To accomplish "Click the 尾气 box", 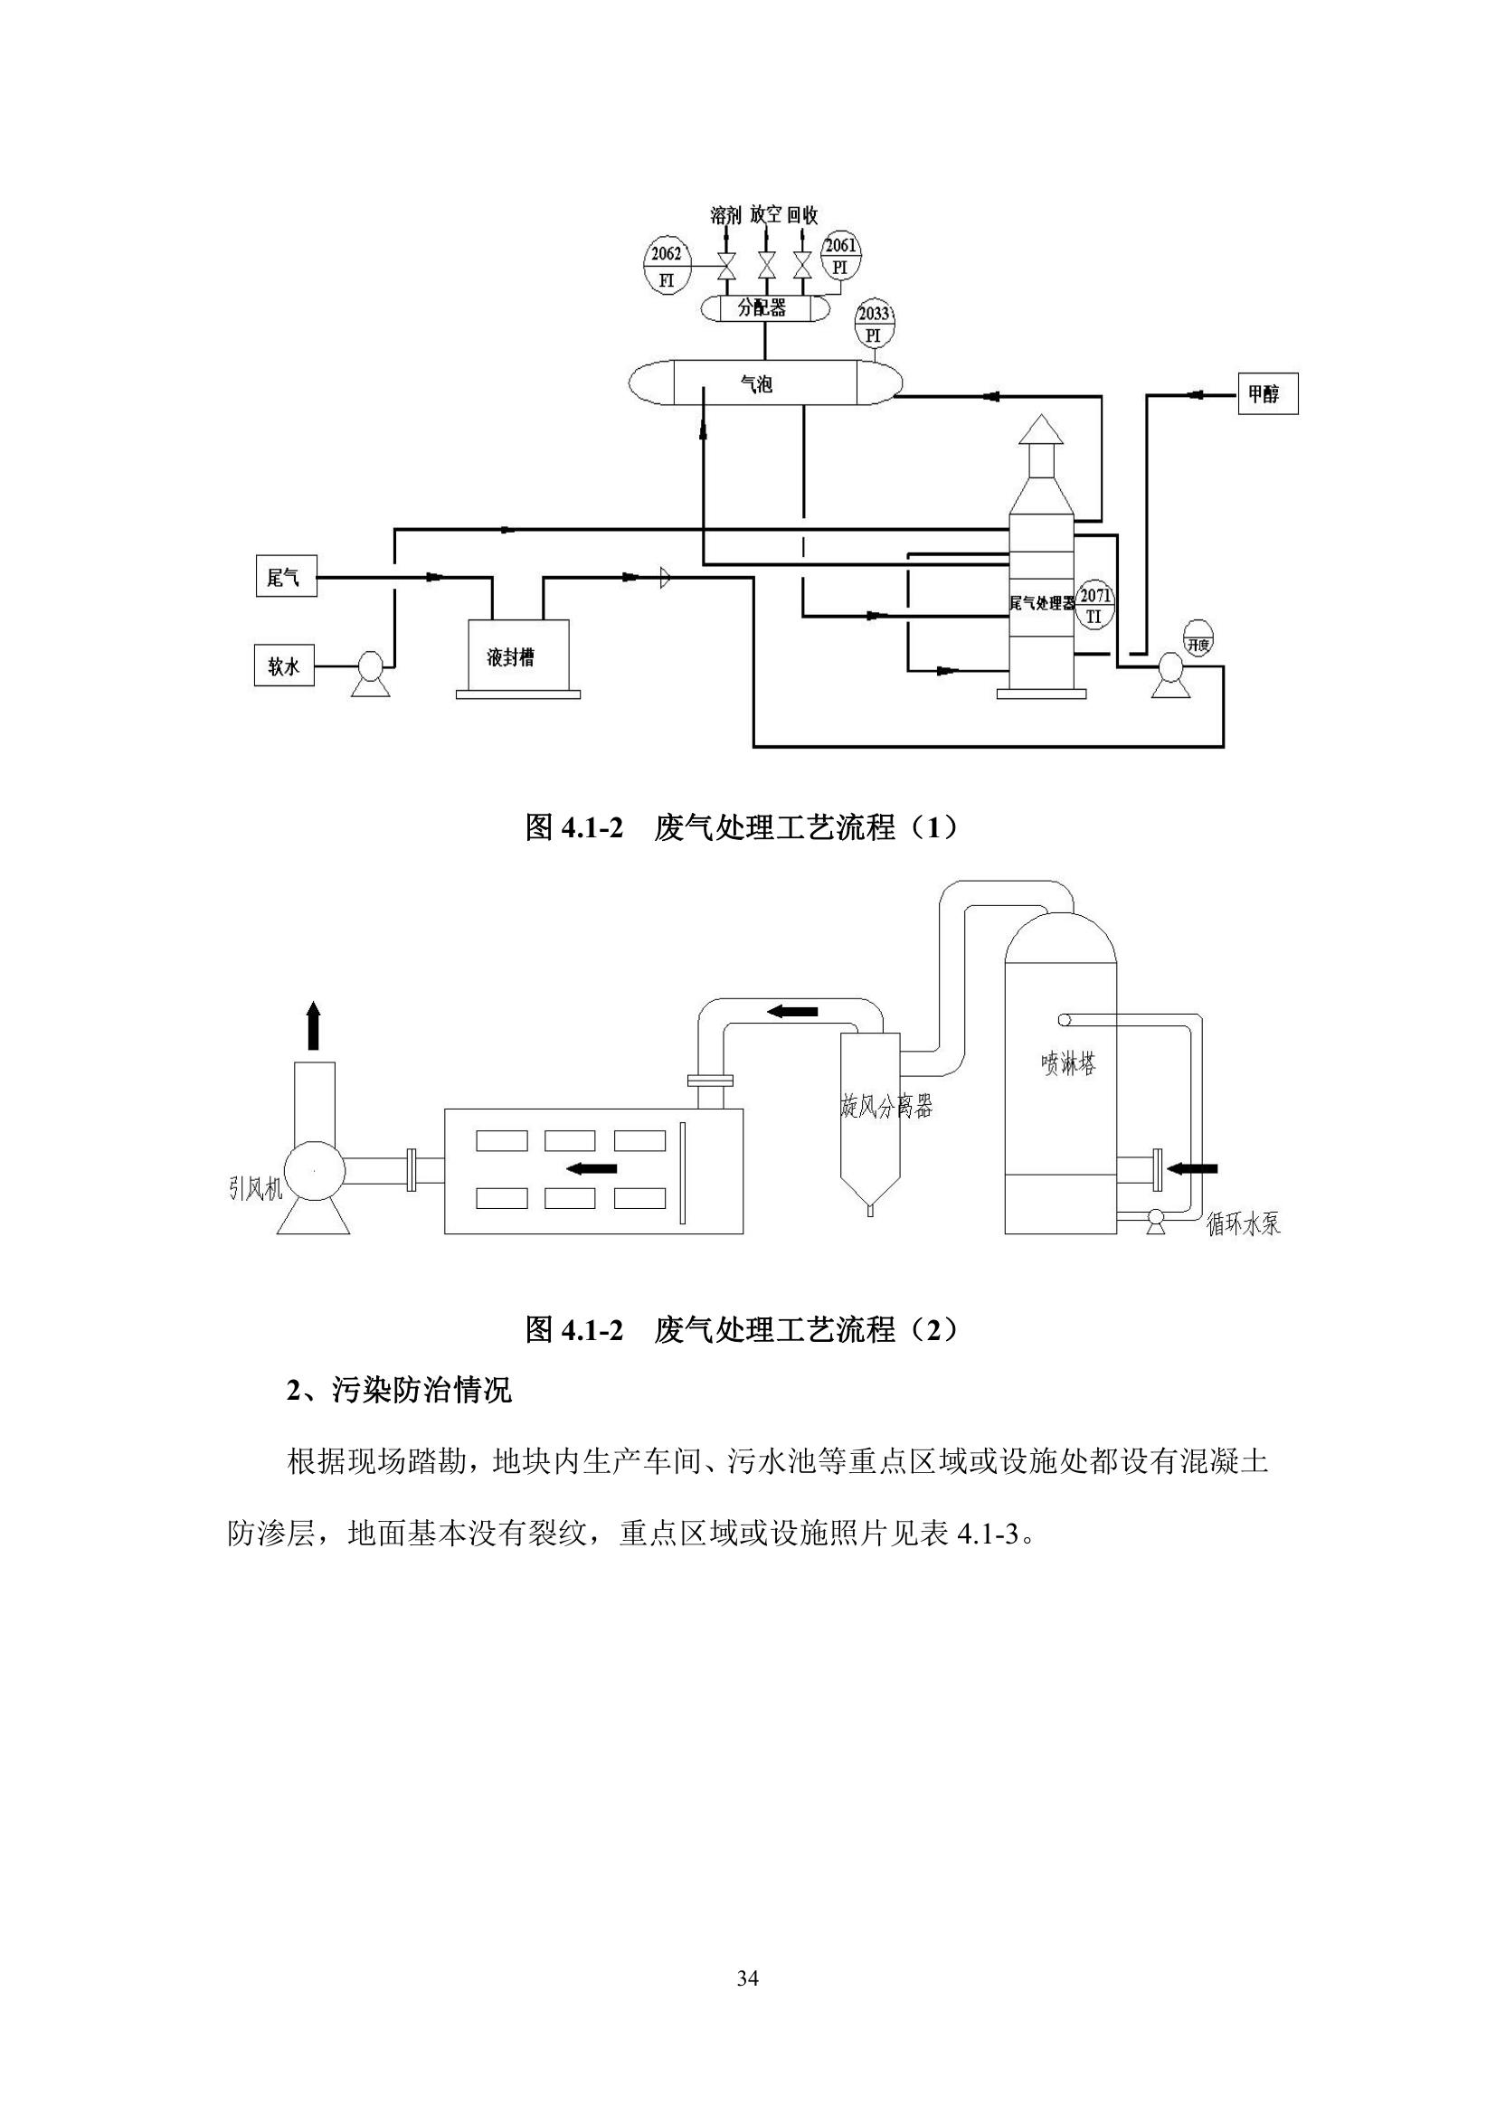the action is pyautogui.click(x=286, y=577).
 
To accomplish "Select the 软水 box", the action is pyautogui.click(x=284, y=666).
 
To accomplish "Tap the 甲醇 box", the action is pyautogui.click(x=1267, y=394).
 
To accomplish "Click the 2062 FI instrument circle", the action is pyautogui.click(x=667, y=265).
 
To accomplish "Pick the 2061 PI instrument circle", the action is pyautogui.click(x=840, y=254).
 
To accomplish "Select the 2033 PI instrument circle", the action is pyautogui.click(x=874, y=324).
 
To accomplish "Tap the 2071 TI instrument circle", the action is pyautogui.click(x=1094, y=605).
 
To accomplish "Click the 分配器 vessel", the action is pyautogui.click(x=762, y=307).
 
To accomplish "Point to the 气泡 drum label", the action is pyautogui.click(x=757, y=384).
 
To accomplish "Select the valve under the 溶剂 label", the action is pyautogui.click(x=726, y=266).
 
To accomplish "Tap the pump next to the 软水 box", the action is pyautogui.click(x=369, y=673).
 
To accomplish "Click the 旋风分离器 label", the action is pyautogui.click(x=886, y=1106).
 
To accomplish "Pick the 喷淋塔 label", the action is pyautogui.click(x=1068, y=1064).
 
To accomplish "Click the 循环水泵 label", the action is pyautogui.click(x=1244, y=1223).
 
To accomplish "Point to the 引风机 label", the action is pyautogui.click(x=256, y=1188).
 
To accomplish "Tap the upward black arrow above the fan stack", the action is pyautogui.click(x=313, y=1024).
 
